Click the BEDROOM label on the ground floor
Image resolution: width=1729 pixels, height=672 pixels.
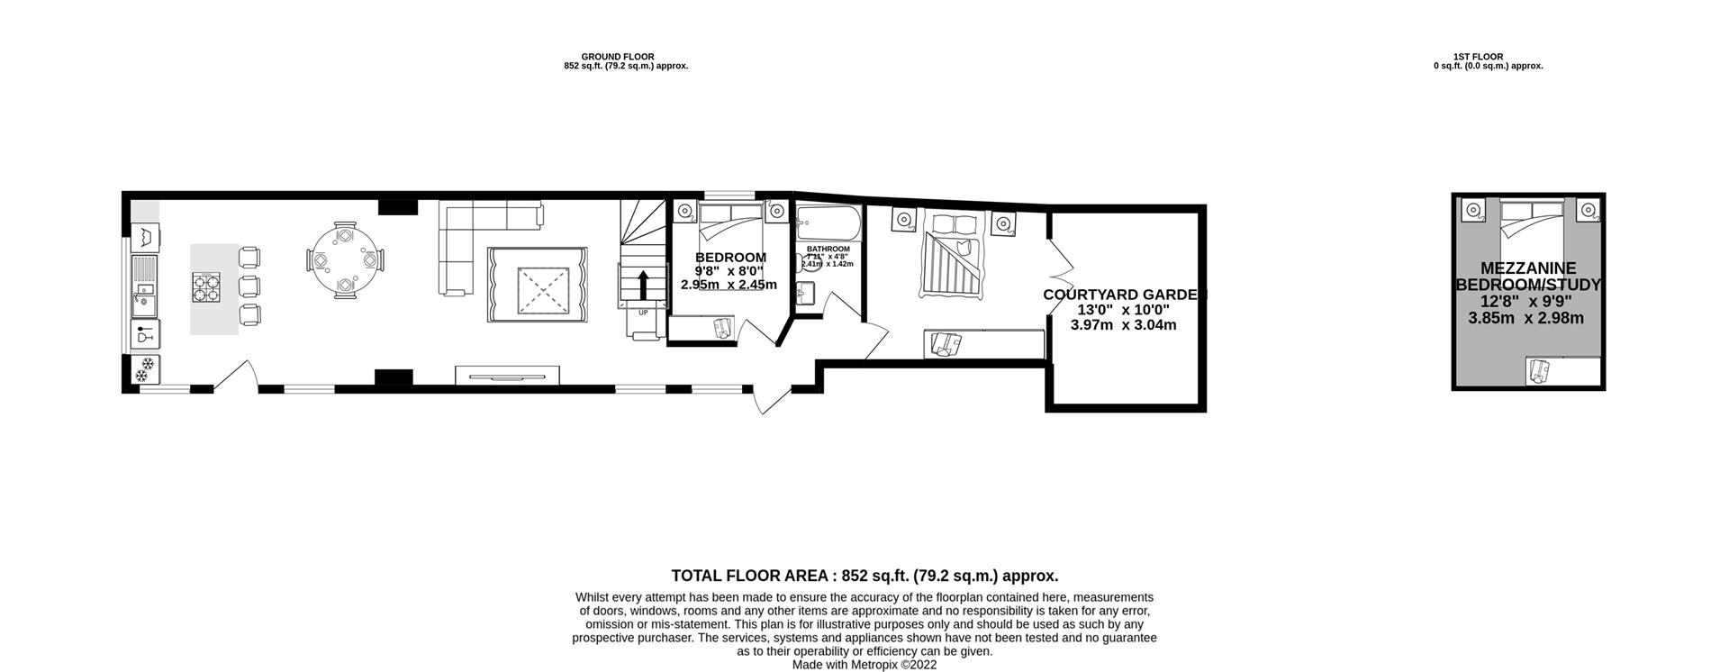pos(730,258)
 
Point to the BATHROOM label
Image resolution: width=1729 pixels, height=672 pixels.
pos(828,249)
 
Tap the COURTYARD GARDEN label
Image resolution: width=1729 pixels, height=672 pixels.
pos(1123,295)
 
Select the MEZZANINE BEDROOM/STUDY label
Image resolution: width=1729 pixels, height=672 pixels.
pos(1528,277)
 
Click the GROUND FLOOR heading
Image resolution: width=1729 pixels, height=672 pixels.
pos(618,57)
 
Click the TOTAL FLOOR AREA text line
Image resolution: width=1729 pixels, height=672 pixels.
pos(864,576)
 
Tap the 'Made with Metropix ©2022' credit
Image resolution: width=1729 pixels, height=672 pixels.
pos(864,665)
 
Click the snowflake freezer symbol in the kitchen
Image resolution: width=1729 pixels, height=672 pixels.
pos(145,368)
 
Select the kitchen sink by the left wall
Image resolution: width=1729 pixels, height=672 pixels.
pos(144,302)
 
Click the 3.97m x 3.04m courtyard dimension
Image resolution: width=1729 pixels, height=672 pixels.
pos(1123,325)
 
